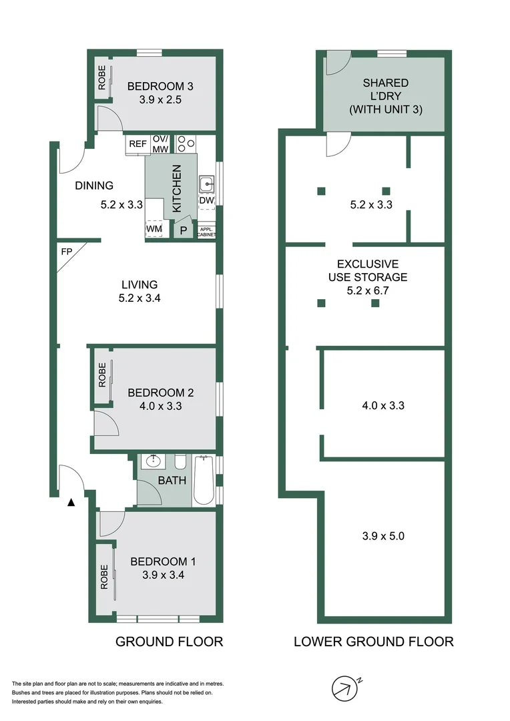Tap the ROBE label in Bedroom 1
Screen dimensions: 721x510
click(103, 576)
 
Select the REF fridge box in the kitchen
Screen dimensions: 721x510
click(138, 144)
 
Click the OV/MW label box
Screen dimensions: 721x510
click(160, 144)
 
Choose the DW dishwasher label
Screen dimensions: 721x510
click(206, 201)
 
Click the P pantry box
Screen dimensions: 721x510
click(183, 231)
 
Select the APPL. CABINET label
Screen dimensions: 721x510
click(206, 232)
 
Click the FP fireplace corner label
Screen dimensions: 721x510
click(66, 253)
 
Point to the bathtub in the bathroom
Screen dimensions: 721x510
click(204, 481)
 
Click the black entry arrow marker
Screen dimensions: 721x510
click(70, 502)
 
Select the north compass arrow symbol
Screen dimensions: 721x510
click(344, 688)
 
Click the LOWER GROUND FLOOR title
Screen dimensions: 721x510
click(374, 642)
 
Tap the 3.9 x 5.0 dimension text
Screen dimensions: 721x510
click(384, 535)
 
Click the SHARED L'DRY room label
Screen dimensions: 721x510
click(386, 96)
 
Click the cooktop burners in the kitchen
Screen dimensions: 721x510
click(185, 144)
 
